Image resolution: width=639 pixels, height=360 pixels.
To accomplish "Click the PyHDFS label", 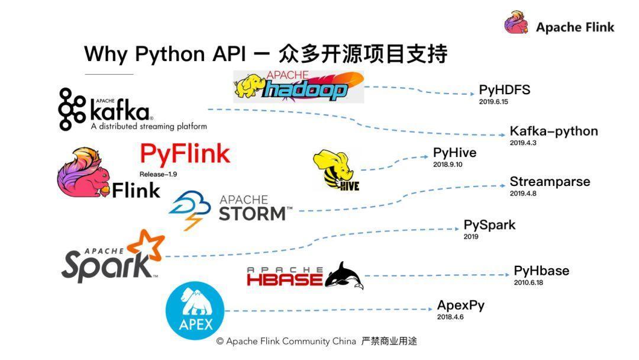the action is (x=505, y=89).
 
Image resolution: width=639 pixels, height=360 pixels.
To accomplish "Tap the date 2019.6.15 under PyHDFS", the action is (x=493, y=101).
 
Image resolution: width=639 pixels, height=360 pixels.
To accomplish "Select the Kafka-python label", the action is (x=554, y=131).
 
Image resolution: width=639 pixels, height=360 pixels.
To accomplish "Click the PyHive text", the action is (x=454, y=153).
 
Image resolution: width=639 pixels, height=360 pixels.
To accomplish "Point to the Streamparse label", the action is (x=550, y=181).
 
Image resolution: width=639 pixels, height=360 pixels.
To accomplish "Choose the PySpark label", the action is (x=489, y=225).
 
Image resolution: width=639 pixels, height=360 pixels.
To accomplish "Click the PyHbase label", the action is (x=541, y=271).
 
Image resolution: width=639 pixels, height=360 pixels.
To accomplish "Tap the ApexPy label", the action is (x=460, y=306).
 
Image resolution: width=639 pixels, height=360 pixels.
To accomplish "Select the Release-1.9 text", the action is (x=158, y=174).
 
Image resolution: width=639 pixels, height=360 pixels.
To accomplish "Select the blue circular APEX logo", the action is (x=195, y=311).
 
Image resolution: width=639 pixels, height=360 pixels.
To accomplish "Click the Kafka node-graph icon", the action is (x=72, y=110).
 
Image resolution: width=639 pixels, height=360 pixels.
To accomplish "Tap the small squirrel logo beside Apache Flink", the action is (x=517, y=22).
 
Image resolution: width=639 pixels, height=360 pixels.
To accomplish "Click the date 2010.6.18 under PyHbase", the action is (x=528, y=282).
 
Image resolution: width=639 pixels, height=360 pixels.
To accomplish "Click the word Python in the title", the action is (x=170, y=54).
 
